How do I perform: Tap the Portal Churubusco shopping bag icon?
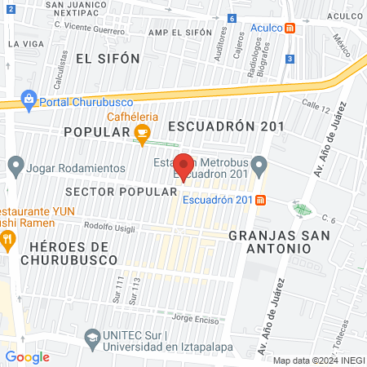pyautogui.click(x=29, y=100)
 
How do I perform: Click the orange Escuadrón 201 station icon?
pyautogui.click(x=260, y=200)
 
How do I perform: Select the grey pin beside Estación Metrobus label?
pyautogui.click(x=259, y=166)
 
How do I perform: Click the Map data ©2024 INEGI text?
pyautogui.click(x=317, y=360)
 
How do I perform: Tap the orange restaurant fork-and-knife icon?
pyautogui.click(x=8, y=239)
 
